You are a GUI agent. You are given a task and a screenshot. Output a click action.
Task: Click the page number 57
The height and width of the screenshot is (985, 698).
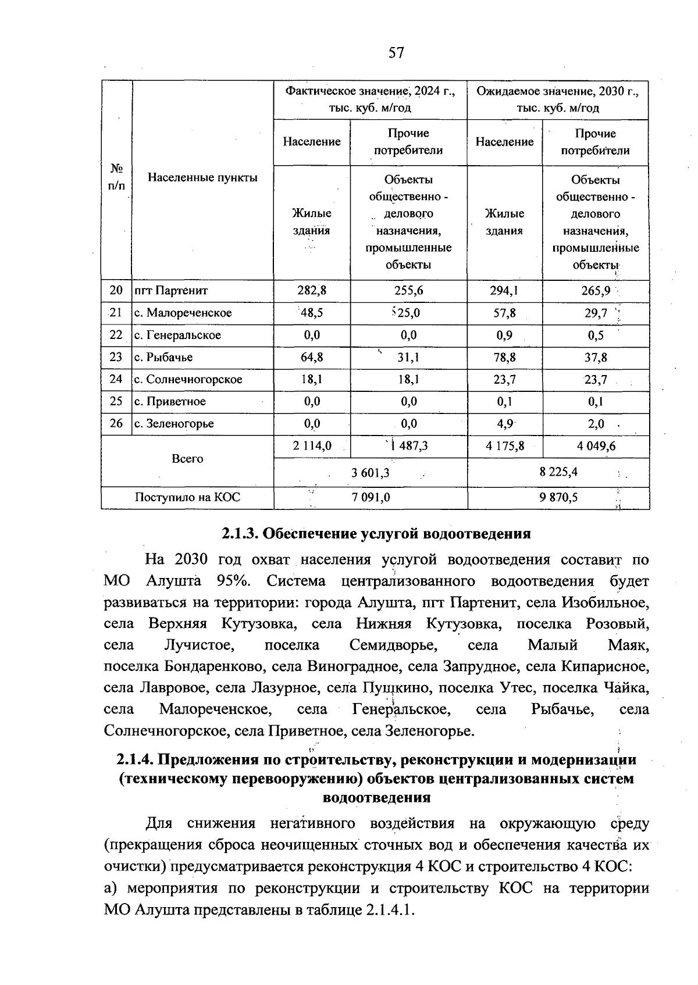pos(396,53)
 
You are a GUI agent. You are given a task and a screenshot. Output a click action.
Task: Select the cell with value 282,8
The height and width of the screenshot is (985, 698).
pos(312,290)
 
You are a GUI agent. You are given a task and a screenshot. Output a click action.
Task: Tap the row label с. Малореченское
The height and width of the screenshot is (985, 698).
pos(183,313)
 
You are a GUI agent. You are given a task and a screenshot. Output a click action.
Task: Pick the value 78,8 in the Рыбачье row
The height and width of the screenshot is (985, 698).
pos(504,358)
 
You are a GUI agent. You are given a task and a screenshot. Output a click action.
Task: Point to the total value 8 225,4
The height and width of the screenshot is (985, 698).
pos(558,472)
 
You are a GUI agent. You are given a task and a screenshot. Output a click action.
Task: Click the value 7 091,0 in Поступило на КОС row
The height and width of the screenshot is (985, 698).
pos(371,497)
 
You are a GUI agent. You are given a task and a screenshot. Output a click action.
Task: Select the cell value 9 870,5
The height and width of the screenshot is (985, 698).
pos(558,497)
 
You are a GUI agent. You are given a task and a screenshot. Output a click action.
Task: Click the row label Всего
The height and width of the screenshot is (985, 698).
pos(187,459)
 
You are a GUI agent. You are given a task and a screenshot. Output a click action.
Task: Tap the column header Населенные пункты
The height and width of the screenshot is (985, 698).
pos(202,177)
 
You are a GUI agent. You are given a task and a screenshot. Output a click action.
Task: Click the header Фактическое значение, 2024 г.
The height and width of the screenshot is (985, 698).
pos(370,92)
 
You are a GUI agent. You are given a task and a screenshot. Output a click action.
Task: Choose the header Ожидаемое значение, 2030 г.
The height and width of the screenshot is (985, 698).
pos(558,92)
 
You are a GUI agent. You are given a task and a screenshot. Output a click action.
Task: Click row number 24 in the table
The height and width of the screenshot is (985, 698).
pos(116,379)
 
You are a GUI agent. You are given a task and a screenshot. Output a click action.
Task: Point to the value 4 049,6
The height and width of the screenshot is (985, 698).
pos(596,446)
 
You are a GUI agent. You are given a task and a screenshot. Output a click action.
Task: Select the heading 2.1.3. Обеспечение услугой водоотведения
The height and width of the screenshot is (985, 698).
pos(376,533)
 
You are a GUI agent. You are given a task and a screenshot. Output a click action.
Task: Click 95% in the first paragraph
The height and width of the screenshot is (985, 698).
pos(233,581)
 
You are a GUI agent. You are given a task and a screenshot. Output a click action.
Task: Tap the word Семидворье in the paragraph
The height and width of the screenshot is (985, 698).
pos(394,645)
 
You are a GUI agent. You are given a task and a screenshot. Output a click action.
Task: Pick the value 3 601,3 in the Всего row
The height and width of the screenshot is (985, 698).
pos(371,473)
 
